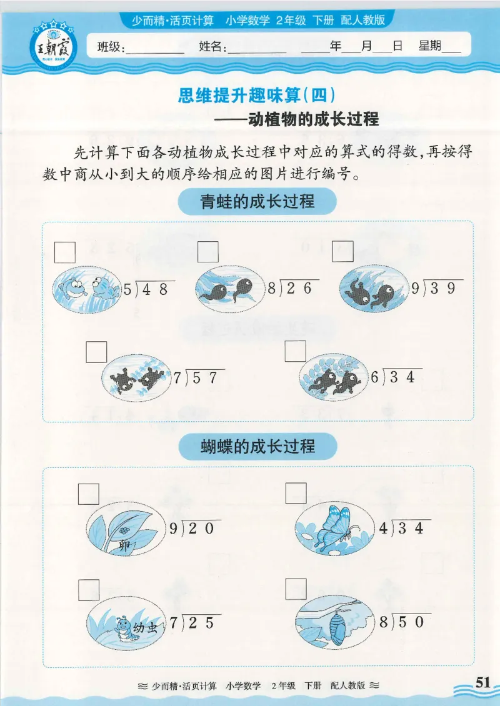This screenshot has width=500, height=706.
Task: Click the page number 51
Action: (483, 682)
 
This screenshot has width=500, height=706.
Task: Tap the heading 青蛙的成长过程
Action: (257, 202)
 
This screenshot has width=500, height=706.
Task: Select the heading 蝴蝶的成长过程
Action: (257, 446)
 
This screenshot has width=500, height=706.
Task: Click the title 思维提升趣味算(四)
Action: (257, 95)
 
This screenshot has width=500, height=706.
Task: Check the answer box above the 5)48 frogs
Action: (65, 252)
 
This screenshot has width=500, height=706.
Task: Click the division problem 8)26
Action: (293, 288)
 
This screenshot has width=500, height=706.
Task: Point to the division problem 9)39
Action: (437, 287)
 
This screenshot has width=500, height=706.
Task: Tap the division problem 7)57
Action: (199, 377)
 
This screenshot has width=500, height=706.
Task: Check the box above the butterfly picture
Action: (296, 494)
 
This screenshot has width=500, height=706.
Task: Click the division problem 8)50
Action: (405, 622)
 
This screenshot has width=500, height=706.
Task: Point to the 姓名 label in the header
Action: (212, 47)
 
